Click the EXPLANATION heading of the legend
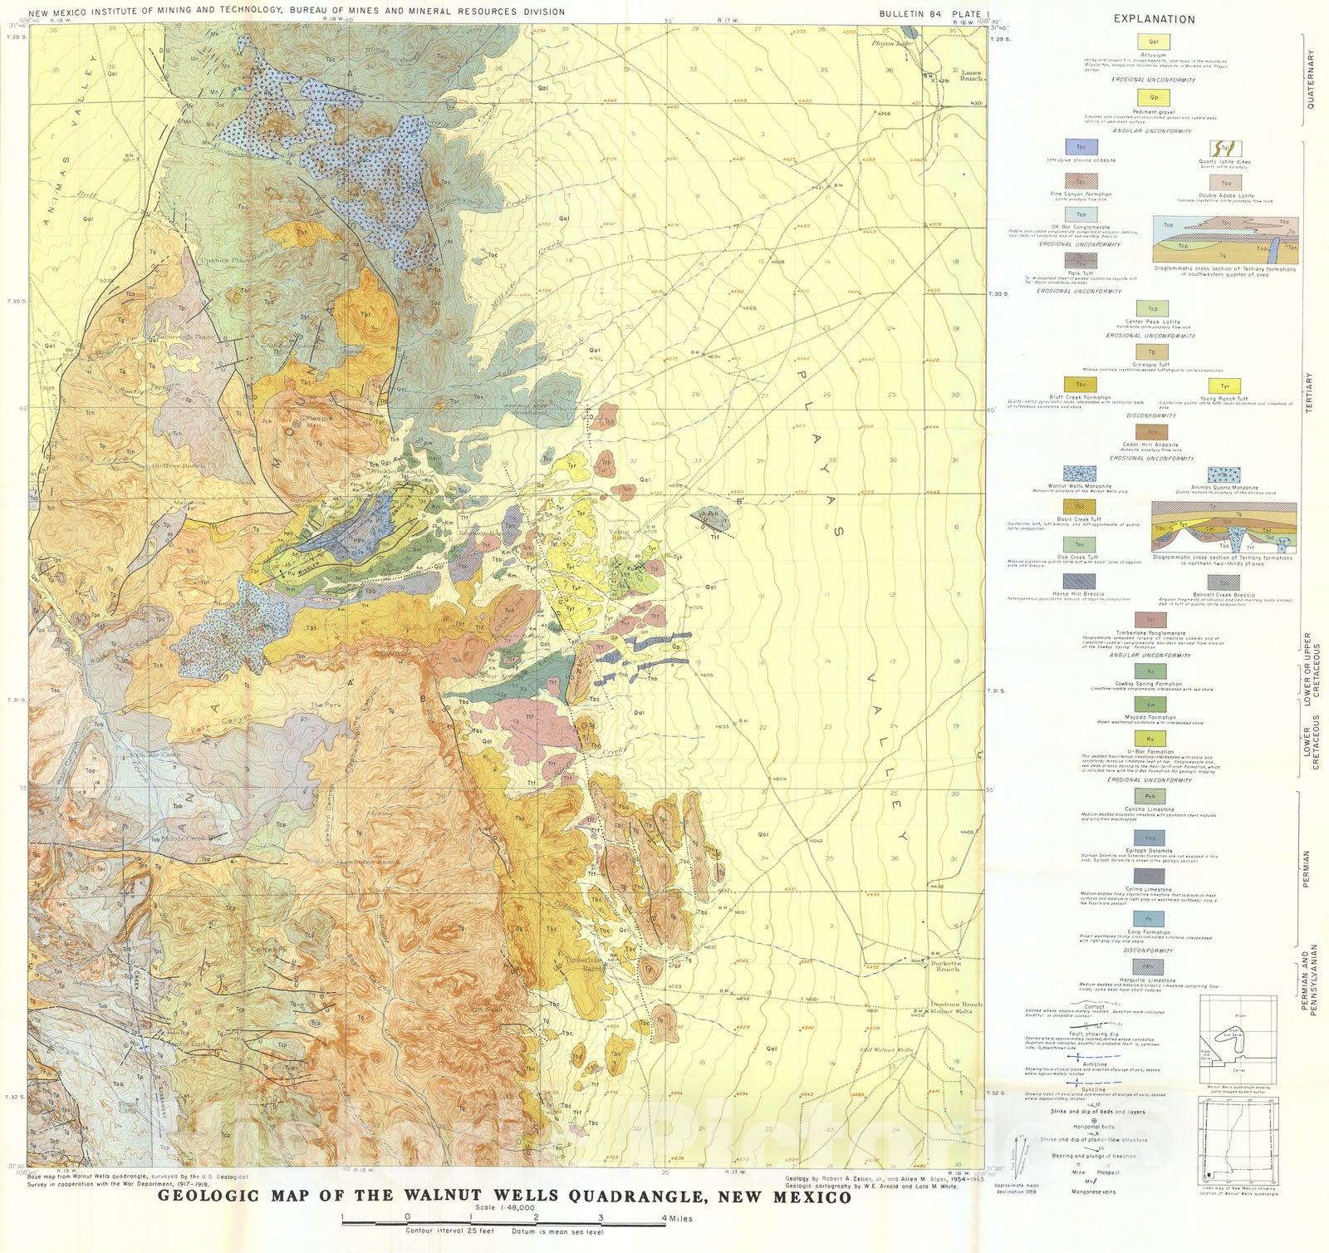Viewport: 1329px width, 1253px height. coord(1154,19)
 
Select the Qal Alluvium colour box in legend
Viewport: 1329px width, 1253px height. coord(1154,42)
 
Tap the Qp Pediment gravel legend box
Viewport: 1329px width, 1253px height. coord(1154,97)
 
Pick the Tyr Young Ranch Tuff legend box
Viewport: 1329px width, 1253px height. coord(1224,386)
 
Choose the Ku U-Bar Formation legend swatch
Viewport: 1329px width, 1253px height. coord(1150,739)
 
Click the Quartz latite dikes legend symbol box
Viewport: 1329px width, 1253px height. coord(1224,150)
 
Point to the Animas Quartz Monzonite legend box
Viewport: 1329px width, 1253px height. coord(1224,475)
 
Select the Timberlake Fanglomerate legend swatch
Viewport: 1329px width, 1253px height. coord(1150,621)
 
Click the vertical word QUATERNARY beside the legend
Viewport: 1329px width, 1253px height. coord(1312,79)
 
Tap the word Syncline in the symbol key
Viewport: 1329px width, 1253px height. coord(1093,1089)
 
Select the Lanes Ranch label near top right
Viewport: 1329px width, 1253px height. coord(971,76)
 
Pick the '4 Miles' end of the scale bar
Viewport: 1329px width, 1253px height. coord(674,1218)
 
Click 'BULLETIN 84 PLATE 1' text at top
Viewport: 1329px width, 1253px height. coord(934,14)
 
